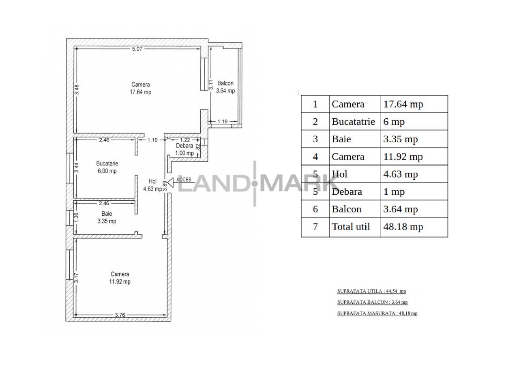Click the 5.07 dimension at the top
click(x=137, y=49)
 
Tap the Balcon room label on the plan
click(x=225, y=83)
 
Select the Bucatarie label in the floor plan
click(x=107, y=163)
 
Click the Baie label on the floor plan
click(x=107, y=214)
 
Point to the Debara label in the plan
click(x=184, y=146)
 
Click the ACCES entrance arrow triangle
click(x=171, y=183)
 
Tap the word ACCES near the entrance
click(x=184, y=180)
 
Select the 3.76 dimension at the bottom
click(x=120, y=315)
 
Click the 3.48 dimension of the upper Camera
click(x=77, y=90)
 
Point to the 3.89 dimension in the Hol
click(x=165, y=186)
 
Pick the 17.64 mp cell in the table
click(x=403, y=104)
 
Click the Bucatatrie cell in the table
click(x=353, y=122)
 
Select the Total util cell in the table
click(x=351, y=227)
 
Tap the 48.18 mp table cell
click(x=403, y=227)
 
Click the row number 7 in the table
click(x=315, y=227)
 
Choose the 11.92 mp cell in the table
click(x=403, y=157)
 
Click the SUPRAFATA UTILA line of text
click(x=372, y=291)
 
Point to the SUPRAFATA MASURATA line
click(x=377, y=313)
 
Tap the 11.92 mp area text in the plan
click(x=120, y=282)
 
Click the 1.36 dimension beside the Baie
click(x=77, y=217)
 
